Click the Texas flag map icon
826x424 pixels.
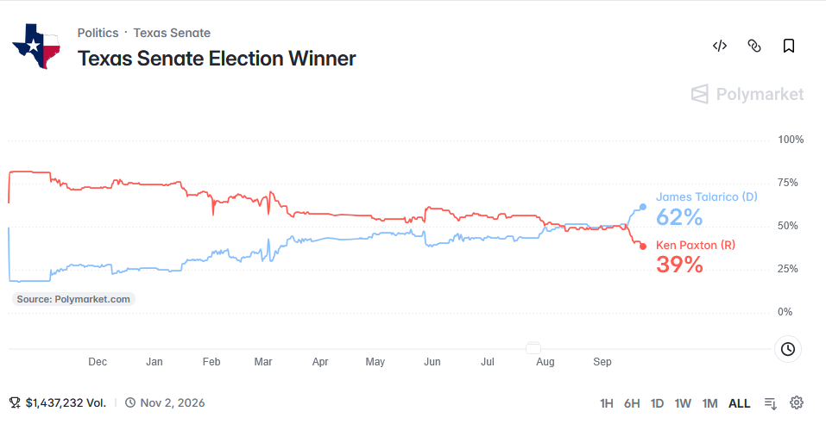pyautogui.click(x=36, y=46)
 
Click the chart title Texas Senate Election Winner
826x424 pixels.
pyautogui.click(x=217, y=59)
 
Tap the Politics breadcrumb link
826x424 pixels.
pyautogui.click(x=98, y=33)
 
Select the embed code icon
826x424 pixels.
pyautogui.click(x=720, y=46)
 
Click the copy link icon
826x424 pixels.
pyautogui.click(x=754, y=46)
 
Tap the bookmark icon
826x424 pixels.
pyautogui.click(x=789, y=46)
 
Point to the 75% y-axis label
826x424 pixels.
pyautogui.click(x=788, y=183)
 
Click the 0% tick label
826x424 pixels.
pyautogui.click(x=785, y=312)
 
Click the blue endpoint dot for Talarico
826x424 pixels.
pyautogui.click(x=643, y=207)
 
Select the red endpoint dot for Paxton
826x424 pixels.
pyautogui.click(x=643, y=246)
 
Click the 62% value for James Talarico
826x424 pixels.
pyautogui.click(x=679, y=216)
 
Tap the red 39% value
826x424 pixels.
pyautogui.click(x=679, y=265)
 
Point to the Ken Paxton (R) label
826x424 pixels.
pyautogui.click(x=696, y=245)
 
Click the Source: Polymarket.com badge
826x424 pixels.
pyautogui.click(x=73, y=299)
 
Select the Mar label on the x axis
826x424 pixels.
pyautogui.click(x=263, y=362)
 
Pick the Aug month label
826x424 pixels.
pyautogui.click(x=545, y=362)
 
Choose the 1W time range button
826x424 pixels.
pyautogui.click(x=683, y=403)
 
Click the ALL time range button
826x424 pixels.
pyautogui.click(x=739, y=403)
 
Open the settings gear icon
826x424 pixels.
pyautogui.click(x=797, y=403)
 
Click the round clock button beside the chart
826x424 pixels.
pyautogui.click(x=787, y=349)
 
